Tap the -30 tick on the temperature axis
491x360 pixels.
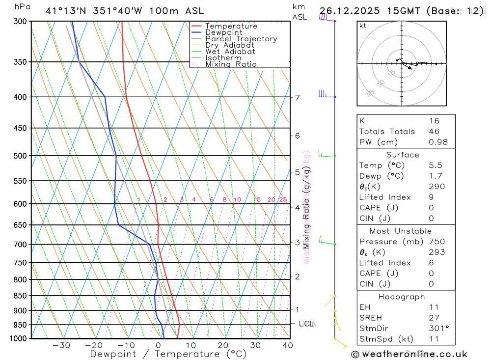pos(61,345)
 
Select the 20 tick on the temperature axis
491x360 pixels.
pos(223,345)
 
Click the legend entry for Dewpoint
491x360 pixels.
pos(224,32)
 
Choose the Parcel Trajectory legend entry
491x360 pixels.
pos(241,39)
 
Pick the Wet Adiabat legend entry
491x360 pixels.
pos(230,51)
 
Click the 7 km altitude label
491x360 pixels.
pos(297,97)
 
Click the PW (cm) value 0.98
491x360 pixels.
pos(438,142)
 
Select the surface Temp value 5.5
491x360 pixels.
pos(435,166)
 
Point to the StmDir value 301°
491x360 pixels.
pos(438,328)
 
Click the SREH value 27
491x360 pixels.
pos(434,318)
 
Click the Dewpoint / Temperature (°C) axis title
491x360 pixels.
pos(168,354)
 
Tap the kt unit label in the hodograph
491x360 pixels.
pos(362,26)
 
